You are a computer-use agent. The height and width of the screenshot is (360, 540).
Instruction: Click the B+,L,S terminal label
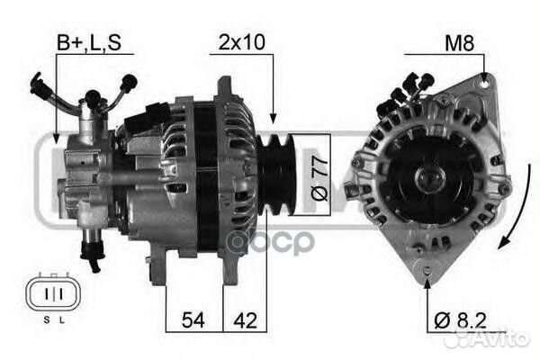point(89,42)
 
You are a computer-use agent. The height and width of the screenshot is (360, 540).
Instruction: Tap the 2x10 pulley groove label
point(242,42)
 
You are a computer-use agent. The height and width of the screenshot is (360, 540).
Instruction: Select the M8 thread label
point(459,43)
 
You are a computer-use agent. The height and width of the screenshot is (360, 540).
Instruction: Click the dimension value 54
point(193,320)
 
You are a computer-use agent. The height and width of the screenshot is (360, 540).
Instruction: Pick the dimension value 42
point(245,320)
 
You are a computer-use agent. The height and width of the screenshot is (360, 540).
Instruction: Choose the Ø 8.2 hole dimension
point(460,320)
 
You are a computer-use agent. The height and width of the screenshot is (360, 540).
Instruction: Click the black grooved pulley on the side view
point(275,175)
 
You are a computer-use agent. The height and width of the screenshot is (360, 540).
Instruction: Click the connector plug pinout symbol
point(53,294)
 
